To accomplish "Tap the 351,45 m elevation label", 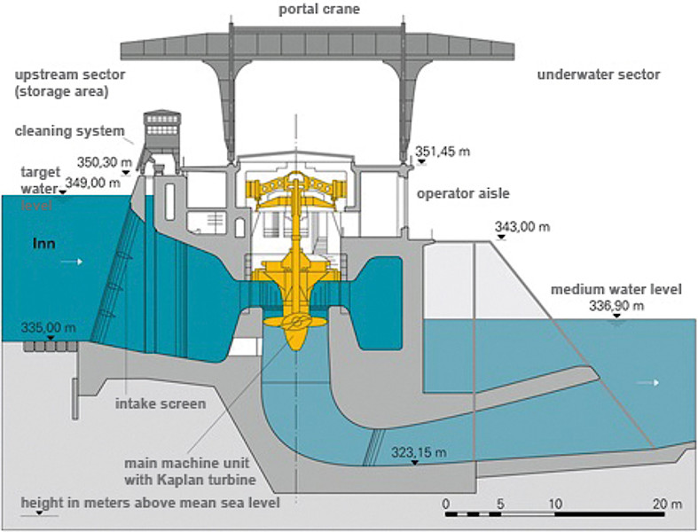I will click(x=443, y=151).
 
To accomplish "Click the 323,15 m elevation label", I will click(x=418, y=453).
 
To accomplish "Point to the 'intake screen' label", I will click(x=161, y=403).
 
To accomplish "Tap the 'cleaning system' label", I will click(x=70, y=131).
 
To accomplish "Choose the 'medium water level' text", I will click(x=616, y=290).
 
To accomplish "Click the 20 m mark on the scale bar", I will click(x=670, y=504).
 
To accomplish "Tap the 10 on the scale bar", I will click(x=556, y=504).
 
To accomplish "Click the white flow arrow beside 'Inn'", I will click(x=80, y=262).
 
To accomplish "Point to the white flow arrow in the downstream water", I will click(x=652, y=382).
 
